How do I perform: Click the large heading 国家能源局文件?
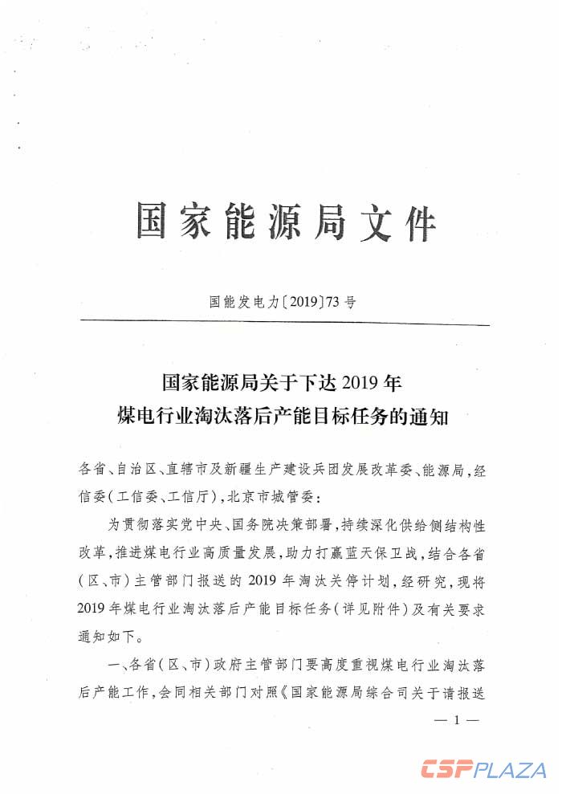[286, 222]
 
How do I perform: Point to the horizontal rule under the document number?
[284, 324]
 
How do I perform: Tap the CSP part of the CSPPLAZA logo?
[446, 770]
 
